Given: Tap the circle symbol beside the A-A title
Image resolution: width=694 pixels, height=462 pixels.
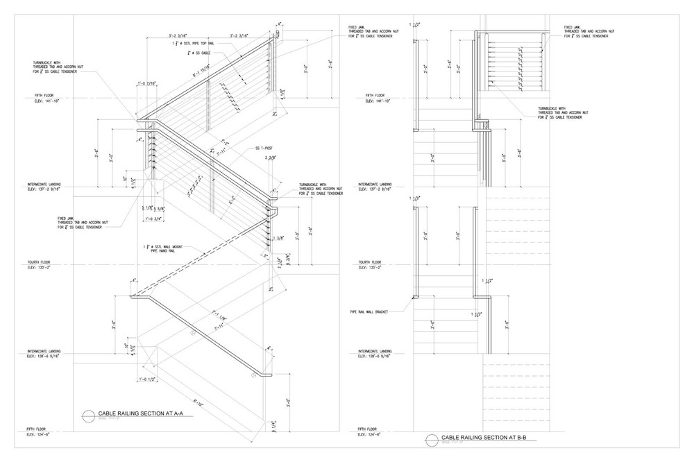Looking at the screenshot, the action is click(88, 414).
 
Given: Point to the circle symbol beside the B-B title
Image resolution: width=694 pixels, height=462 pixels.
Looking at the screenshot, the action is click(432, 438).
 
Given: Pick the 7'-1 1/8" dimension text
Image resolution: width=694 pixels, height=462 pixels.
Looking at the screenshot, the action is click(220, 320).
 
